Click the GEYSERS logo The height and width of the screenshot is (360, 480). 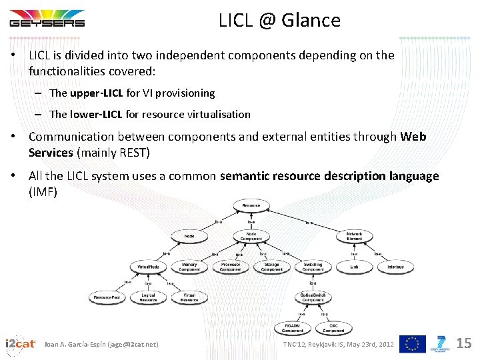coord(47,19)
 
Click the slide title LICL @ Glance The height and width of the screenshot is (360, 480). coord(279,21)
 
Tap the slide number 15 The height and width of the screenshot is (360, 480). coord(464,343)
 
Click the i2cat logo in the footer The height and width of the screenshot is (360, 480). coord(20,344)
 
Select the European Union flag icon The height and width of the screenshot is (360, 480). coord(412,344)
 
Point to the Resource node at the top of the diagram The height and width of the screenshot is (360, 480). coord(251,206)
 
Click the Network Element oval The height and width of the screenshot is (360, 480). coord(354,236)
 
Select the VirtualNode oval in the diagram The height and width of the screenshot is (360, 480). coord(147,267)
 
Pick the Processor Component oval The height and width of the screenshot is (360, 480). coord(231,267)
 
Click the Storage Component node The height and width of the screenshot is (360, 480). coord(271,267)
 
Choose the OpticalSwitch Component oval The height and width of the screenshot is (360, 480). coord(313,297)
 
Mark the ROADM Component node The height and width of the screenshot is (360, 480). coord(293,328)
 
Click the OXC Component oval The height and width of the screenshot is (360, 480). coord(333,328)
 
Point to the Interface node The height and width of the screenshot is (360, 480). coord(395,267)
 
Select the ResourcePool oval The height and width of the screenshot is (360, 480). coord(107,297)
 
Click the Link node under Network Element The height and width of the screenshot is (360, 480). coord(354,267)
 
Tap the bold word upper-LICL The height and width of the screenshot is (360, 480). coord(96,93)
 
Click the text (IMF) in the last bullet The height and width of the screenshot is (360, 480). coord(43,192)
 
